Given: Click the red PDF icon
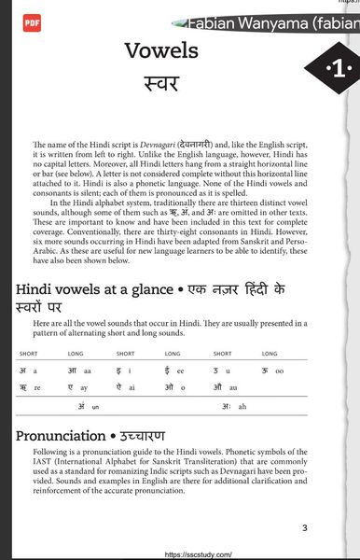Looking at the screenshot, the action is point(31,21).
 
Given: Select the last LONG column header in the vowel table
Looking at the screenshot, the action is point(270,354).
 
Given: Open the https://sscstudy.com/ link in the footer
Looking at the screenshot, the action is point(197,553).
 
